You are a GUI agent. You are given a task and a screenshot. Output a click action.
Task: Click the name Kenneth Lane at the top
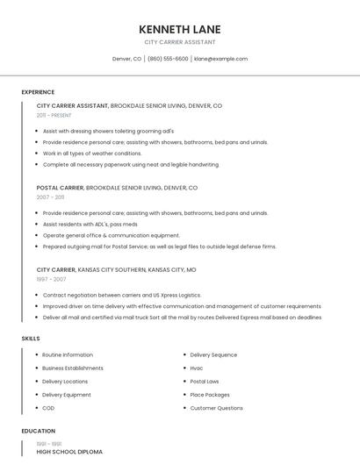[x=179, y=28]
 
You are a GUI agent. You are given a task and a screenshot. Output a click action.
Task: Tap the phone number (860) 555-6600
[x=168, y=59]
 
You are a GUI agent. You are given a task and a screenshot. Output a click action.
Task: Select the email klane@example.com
[x=220, y=59]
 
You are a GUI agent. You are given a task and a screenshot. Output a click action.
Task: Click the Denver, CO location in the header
[x=126, y=59]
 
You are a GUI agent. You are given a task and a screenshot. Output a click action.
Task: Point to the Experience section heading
[x=38, y=92]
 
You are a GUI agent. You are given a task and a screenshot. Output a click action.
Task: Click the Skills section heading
[x=31, y=338]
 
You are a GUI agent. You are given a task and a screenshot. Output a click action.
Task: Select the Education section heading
[x=39, y=431]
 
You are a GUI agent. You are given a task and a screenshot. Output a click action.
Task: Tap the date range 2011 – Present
[x=54, y=115]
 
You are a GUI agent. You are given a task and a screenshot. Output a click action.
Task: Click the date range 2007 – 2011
[x=50, y=197]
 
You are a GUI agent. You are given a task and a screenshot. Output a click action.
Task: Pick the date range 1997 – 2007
[x=50, y=279]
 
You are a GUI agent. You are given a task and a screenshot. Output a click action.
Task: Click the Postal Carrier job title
[x=60, y=188]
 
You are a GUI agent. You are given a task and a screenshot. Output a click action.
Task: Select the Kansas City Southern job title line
[x=116, y=269]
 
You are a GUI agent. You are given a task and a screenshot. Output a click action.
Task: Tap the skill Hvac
[x=197, y=368]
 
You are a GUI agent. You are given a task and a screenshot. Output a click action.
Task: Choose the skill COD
[x=48, y=408]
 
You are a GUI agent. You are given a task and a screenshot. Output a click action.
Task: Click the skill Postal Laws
[x=205, y=382]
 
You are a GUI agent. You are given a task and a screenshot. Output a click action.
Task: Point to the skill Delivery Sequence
[x=213, y=354]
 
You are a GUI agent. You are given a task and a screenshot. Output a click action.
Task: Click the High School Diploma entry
[x=69, y=452]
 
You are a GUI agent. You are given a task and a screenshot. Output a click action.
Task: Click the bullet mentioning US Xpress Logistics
[x=122, y=295]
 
